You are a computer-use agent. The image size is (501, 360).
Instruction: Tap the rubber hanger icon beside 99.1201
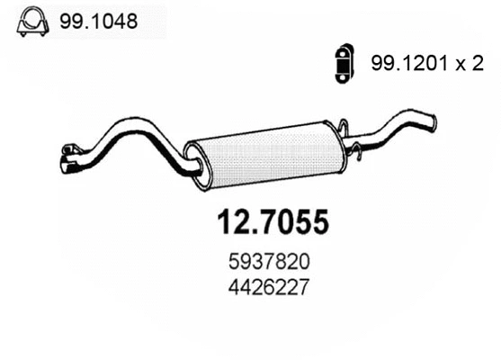tap(343, 62)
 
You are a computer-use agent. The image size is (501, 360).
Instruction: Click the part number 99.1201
tap(405, 62)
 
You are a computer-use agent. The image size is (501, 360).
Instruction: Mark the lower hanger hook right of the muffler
tap(355, 160)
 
